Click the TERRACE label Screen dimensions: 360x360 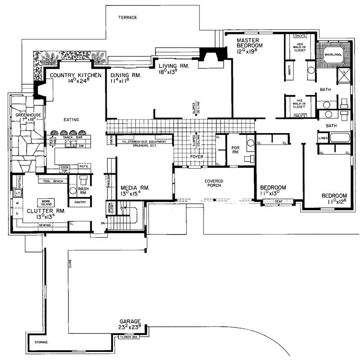pyautogui.click(x=127, y=18)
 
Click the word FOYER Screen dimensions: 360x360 pyautogui.click(x=197, y=157)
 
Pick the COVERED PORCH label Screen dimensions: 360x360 pyautogui.click(x=214, y=183)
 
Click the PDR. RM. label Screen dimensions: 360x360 pyautogui.click(x=235, y=149)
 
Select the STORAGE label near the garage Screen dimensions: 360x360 pyautogui.click(x=41, y=343)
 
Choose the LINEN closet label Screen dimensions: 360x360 pyautogui.click(x=323, y=138)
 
